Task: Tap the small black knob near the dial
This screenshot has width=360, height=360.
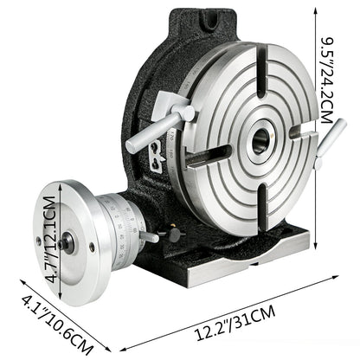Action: [176, 235]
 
